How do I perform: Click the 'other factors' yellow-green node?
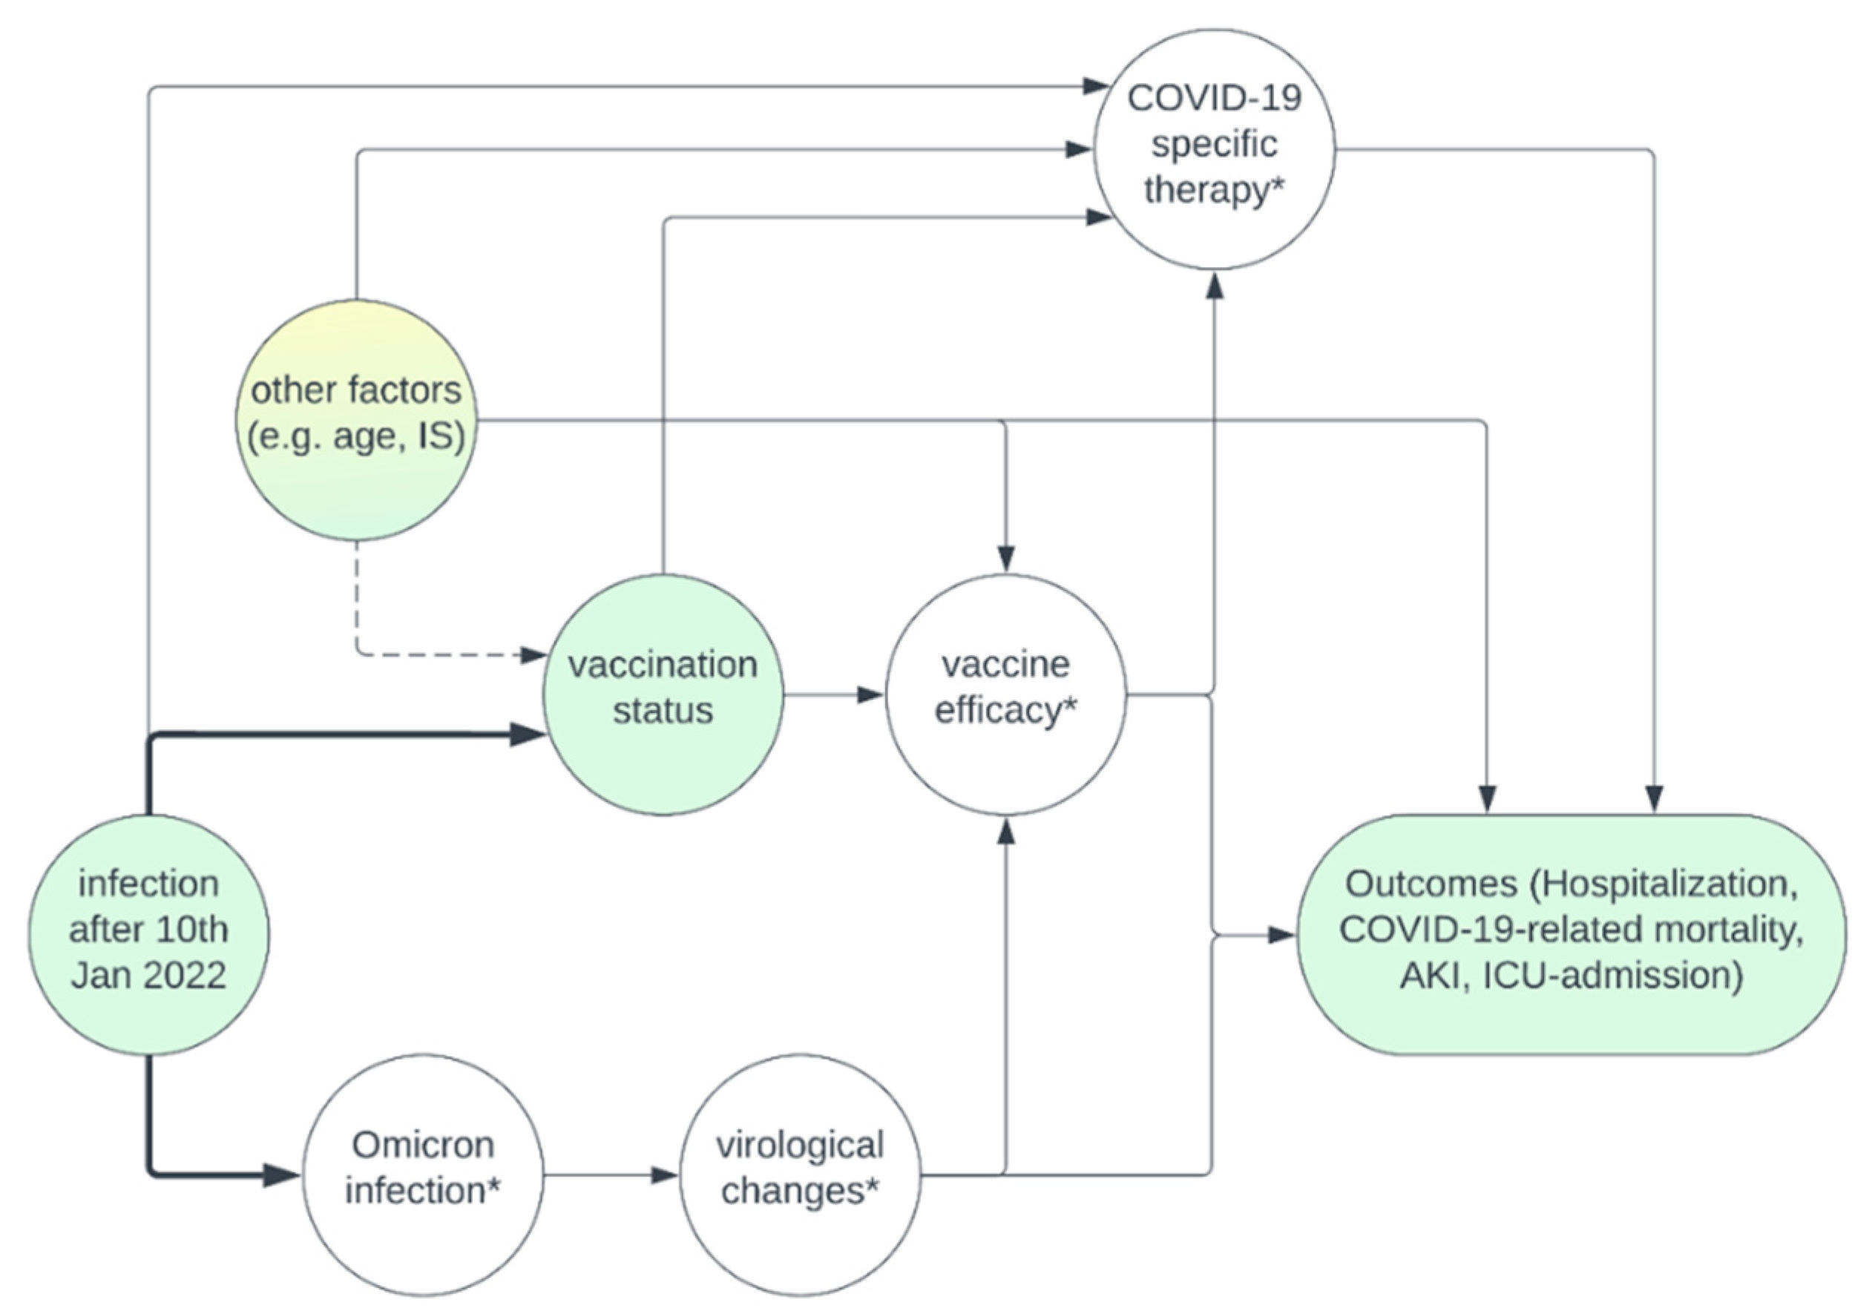click(x=356, y=420)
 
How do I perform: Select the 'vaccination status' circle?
click(x=663, y=695)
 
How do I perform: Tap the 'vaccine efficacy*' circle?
click(x=1005, y=695)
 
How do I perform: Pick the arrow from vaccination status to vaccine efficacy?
click(x=833, y=695)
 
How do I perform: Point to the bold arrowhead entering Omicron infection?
click(x=282, y=1175)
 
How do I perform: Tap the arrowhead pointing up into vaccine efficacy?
click(x=1005, y=831)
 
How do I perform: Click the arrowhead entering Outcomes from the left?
click(x=1282, y=935)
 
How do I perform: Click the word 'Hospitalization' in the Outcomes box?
click(x=1670, y=884)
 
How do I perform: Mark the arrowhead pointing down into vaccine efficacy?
click(x=1005, y=559)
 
